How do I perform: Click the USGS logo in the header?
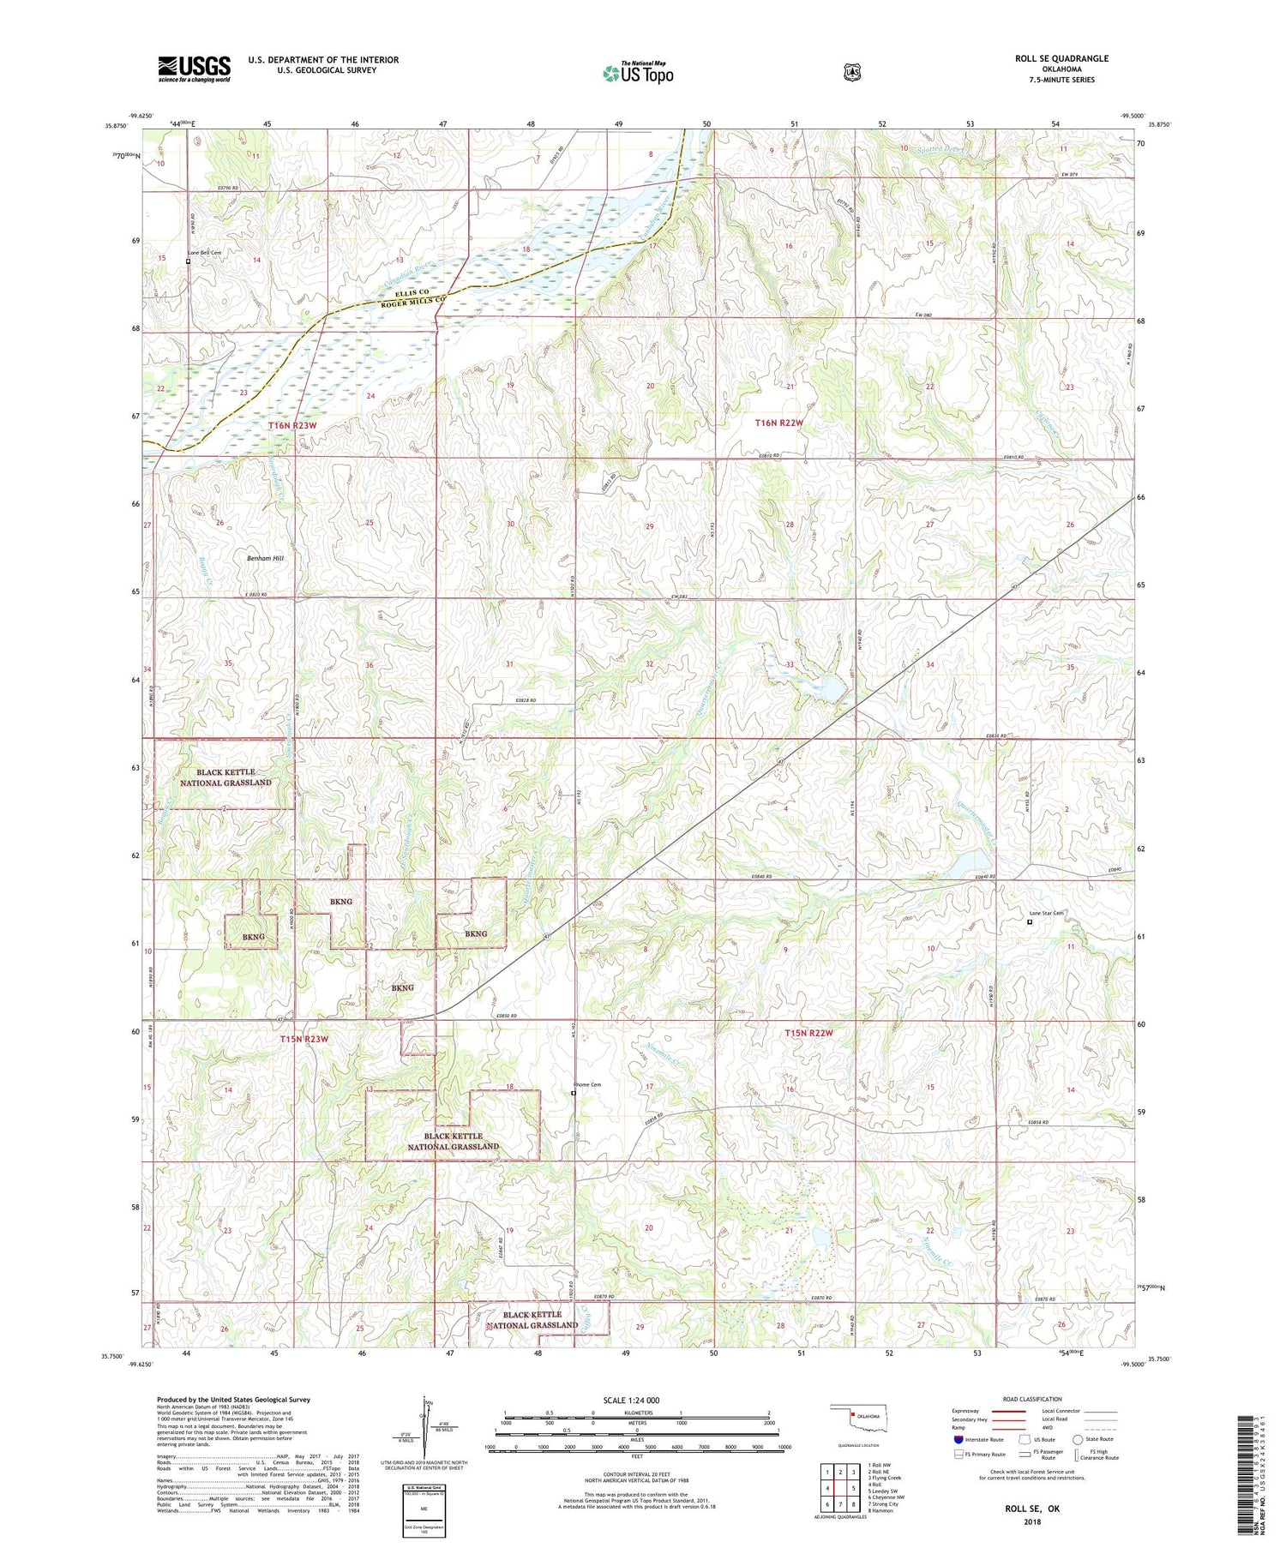194,69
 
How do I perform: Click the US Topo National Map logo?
638,73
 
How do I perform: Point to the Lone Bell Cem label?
205,253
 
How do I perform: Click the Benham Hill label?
265,558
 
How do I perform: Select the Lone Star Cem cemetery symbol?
1030,922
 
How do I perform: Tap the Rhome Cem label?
588,1084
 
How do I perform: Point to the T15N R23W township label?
303,1039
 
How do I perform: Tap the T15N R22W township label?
808,1033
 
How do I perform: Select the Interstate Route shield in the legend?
958,1439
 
